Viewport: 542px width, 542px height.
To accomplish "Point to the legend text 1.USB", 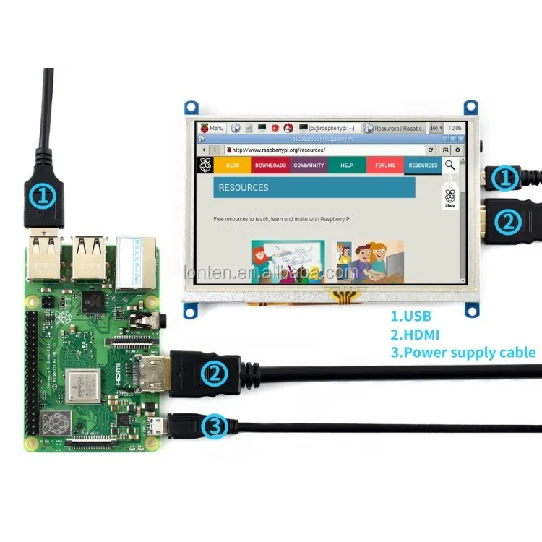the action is tap(414, 317).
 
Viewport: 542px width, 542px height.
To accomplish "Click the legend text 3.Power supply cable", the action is tap(463, 353).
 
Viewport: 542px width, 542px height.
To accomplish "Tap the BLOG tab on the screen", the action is tap(233, 165).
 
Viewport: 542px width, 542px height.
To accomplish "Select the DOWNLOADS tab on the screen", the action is tap(271, 165).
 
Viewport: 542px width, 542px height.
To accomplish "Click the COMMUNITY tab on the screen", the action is tap(309, 165).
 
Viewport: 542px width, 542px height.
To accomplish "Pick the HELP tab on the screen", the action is tap(347, 165).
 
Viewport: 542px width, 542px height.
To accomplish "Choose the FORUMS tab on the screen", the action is tap(385, 165).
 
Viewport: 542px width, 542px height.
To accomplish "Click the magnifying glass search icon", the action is tap(450, 165).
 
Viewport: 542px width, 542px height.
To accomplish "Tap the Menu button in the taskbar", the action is tap(212, 128).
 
